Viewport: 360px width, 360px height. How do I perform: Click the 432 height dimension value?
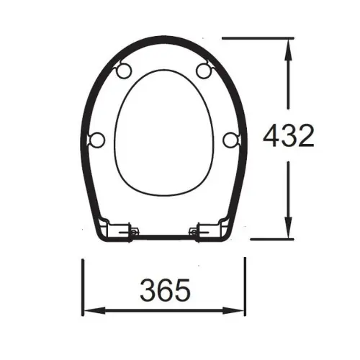(x=288, y=136)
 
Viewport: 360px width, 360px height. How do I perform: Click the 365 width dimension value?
(x=165, y=290)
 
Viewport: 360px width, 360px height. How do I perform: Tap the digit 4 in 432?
(x=271, y=136)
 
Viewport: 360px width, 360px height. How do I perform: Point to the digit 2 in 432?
(x=305, y=136)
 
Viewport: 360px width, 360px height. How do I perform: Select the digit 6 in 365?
(x=165, y=290)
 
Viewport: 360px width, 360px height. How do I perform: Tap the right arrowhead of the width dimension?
(x=240, y=311)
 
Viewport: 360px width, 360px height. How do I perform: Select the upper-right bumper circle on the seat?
(x=204, y=70)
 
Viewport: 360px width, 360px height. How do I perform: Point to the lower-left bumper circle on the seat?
(x=99, y=138)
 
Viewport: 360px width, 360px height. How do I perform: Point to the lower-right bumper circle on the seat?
(x=230, y=138)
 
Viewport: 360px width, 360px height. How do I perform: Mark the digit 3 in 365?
(x=148, y=290)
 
